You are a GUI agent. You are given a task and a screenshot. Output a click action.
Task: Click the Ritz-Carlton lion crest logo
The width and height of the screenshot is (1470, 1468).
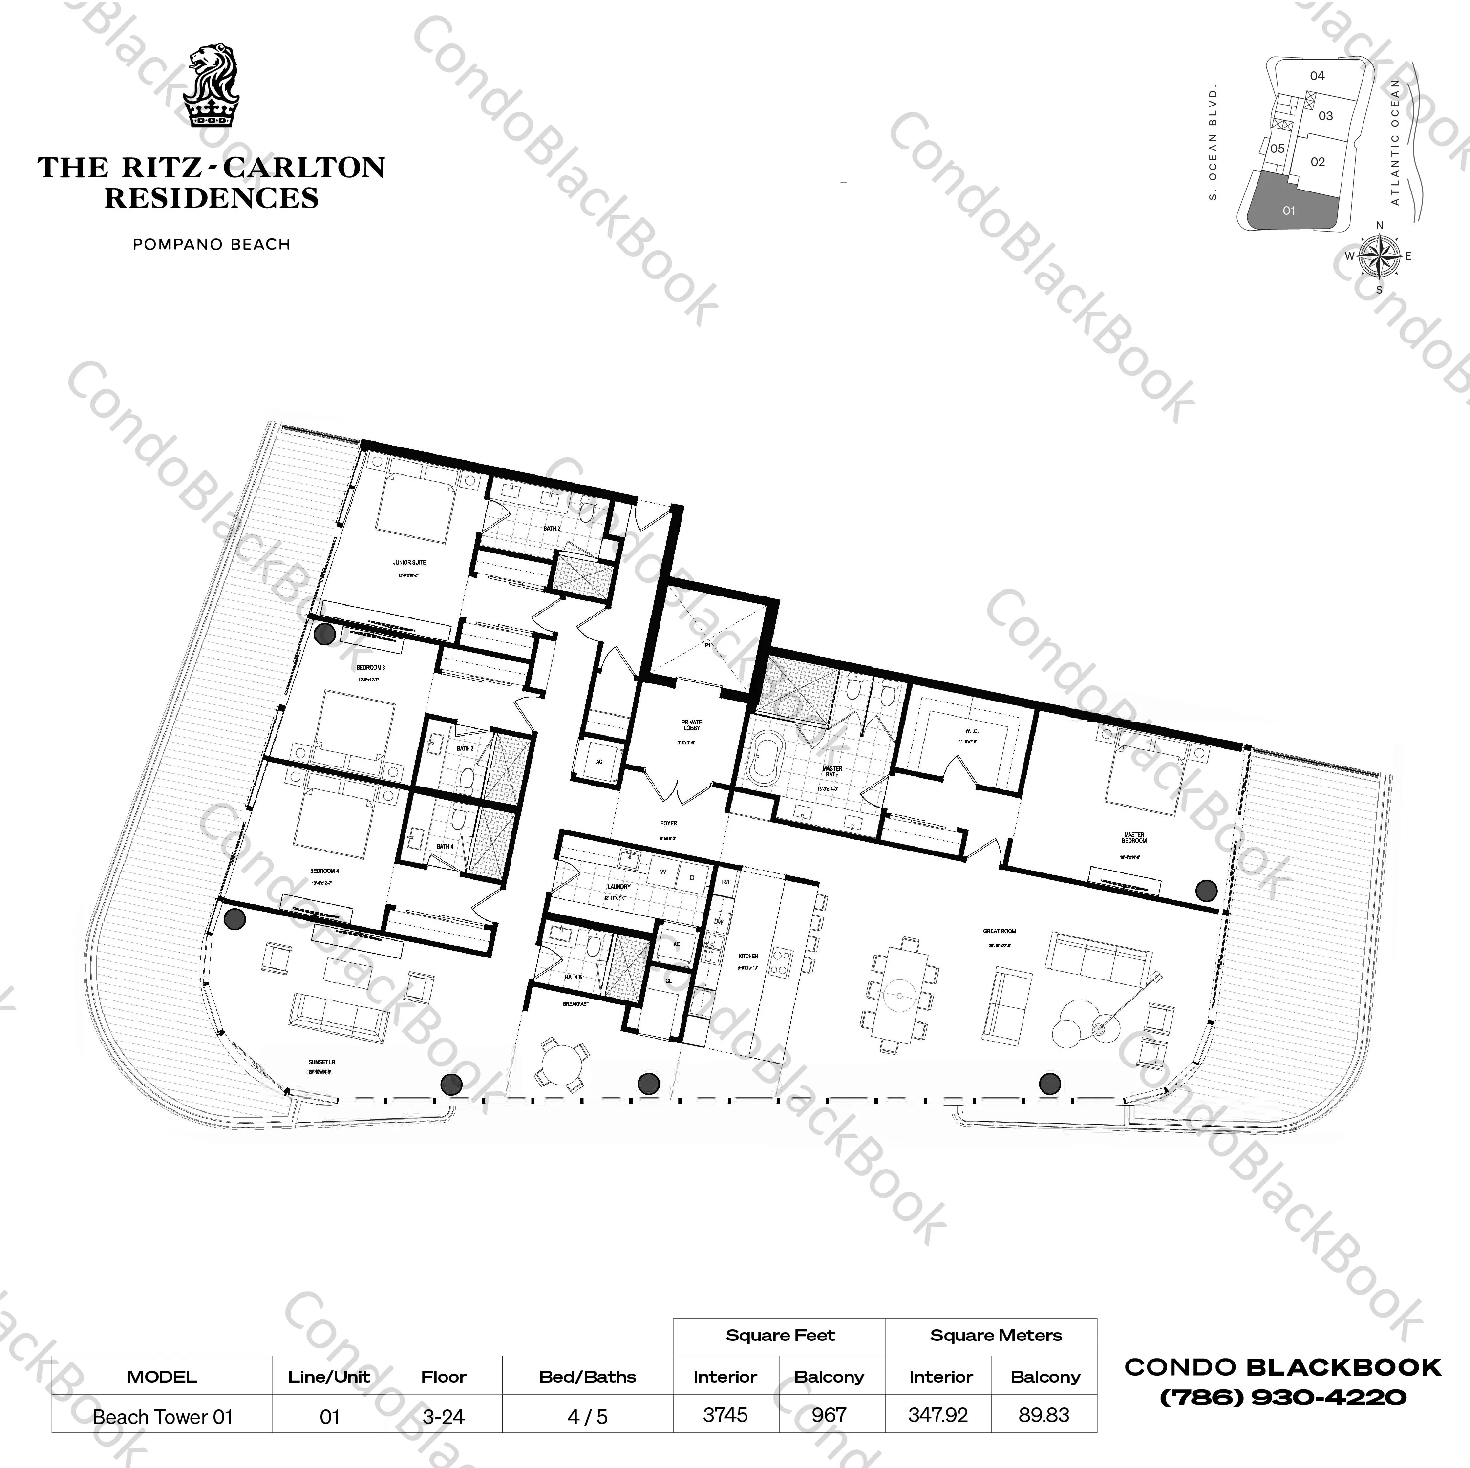coord(212,85)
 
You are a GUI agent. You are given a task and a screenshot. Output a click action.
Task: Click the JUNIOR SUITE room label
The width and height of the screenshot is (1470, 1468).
coord(409,562)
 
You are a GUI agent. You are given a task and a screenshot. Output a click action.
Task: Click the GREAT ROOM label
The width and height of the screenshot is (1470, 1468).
coord(999,931)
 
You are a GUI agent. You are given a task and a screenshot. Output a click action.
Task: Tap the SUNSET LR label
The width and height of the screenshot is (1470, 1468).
coord(322,1062)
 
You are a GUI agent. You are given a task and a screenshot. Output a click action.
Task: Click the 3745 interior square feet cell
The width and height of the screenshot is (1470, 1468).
coord(725,1415)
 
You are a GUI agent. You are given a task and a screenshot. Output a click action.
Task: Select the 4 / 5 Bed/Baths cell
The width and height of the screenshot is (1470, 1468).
coord(587,1416)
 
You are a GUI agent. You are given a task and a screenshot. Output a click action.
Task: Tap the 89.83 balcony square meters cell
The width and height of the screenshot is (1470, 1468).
coord(1044,1415)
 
